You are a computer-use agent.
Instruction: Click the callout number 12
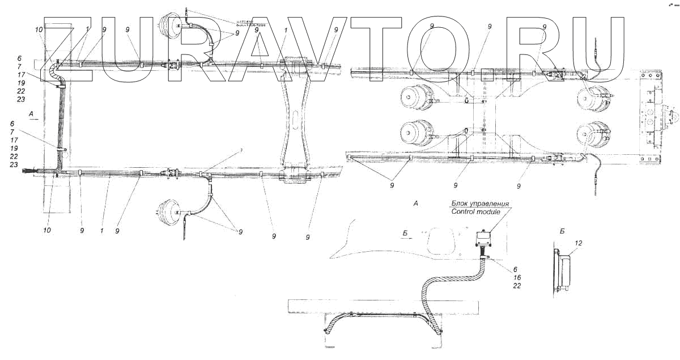[578, 243]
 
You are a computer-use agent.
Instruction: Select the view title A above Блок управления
[416, 202]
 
